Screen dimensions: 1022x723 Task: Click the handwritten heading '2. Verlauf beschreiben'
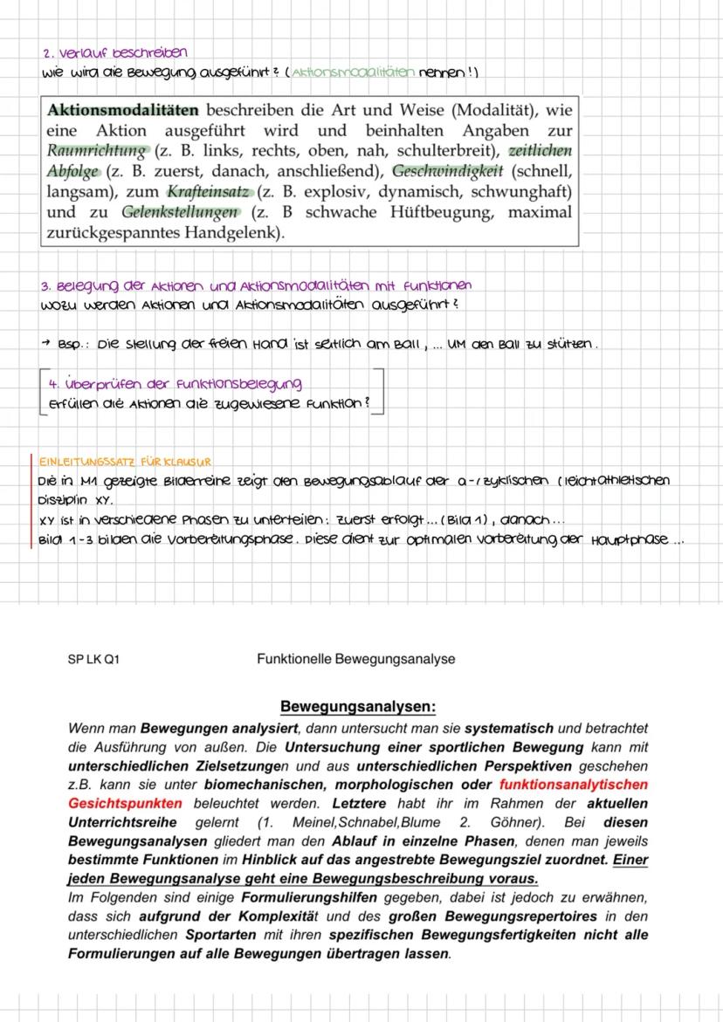(114, 54)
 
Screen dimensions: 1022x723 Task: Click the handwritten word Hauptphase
(630, 538)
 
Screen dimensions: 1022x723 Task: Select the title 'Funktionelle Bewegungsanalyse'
(356, 659)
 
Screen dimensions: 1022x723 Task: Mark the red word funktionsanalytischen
(580, 784)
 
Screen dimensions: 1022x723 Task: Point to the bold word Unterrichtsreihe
(122, 822)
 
